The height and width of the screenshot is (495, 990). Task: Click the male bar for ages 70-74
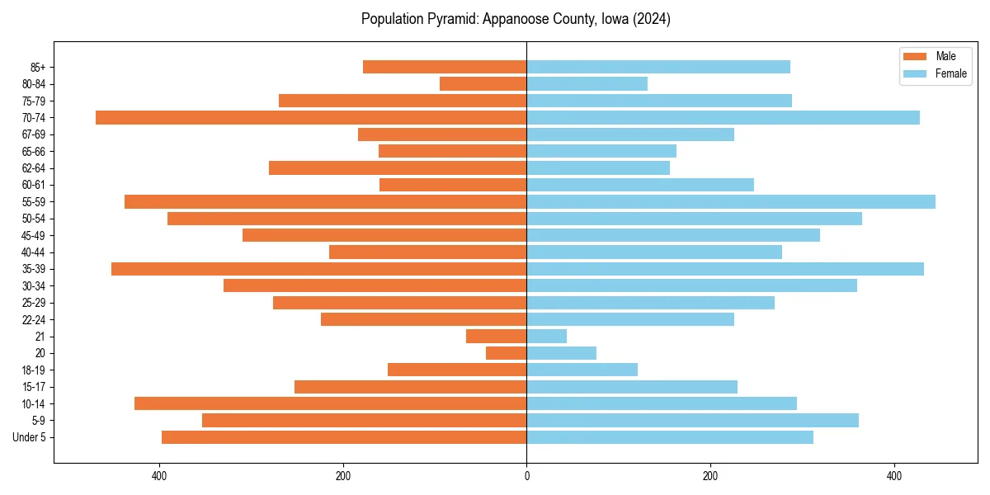point(311,118)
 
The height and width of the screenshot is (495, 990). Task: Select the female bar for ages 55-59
point(731,202)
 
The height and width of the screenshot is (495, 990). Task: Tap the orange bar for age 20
point(506,353)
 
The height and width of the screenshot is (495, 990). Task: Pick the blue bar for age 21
point(546,337)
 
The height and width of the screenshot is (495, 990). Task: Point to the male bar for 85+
point(445,68)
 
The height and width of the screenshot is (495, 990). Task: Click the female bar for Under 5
point(670,437)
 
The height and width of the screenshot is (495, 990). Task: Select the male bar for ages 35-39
point(318,269)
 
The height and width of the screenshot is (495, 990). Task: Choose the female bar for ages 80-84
point(587,84)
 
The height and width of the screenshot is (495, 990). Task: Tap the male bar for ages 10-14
point(330,403)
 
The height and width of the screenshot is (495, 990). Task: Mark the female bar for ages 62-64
point(598,168)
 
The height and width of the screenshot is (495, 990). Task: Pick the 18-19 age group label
point(33,370)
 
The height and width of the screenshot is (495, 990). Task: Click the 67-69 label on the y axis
point(33,134)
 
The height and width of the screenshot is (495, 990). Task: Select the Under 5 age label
point(29,437)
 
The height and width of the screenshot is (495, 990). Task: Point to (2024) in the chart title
point(651,19)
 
